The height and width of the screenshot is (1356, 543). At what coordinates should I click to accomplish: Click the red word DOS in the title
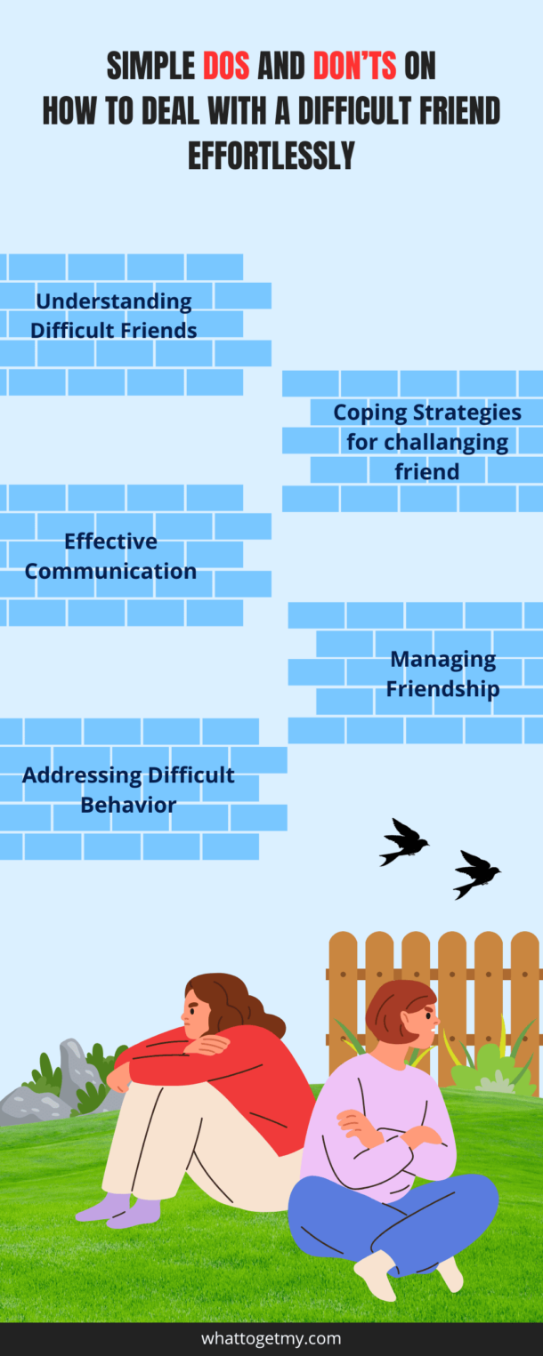pos(226,66)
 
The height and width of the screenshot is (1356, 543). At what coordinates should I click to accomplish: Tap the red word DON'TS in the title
pos(354,66)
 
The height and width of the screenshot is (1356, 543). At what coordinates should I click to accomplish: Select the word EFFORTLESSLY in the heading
pos(271,156)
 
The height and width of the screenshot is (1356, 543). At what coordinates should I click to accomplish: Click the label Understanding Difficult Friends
pos(114,316)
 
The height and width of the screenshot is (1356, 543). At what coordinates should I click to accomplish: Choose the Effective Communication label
pos(110,556)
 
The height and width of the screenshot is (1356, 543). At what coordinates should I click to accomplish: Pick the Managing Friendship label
pos(442,673)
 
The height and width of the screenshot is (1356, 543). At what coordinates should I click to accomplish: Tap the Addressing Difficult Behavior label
pos(128,790)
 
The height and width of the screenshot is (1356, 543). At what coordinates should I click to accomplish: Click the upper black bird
pos(402,841)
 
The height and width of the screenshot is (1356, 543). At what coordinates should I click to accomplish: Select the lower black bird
pos(476,874)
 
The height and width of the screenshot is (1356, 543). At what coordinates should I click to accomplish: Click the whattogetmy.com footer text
pos(271,1338)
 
